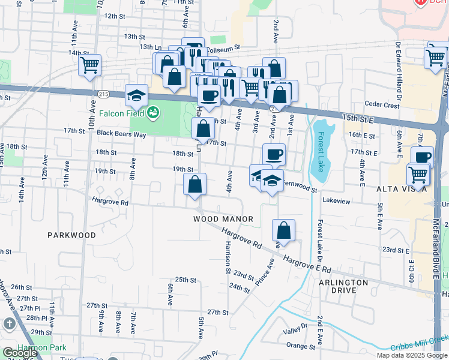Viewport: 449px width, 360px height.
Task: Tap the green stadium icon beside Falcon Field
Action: (153, 112)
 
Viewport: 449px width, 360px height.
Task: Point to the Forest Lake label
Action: (321, 151)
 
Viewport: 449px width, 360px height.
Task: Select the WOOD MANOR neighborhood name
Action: (223, 220)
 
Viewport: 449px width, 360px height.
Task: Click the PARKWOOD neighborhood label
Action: (71, 235)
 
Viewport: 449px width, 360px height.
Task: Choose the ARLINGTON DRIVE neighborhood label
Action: (343, 286)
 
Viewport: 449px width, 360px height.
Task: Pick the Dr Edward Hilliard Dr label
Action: (398, 71)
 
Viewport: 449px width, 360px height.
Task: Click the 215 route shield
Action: (103, 94)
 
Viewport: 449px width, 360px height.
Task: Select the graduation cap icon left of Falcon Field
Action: (136, 95)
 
